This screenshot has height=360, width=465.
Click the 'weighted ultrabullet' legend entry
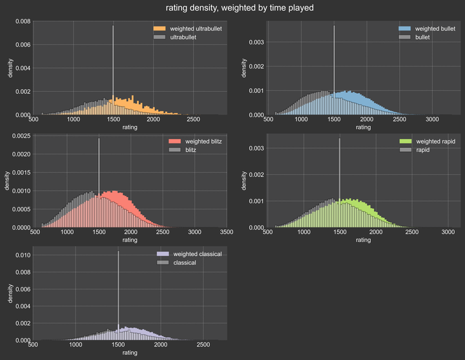click(194, 29)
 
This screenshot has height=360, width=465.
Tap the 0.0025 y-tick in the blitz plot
click(20, 136)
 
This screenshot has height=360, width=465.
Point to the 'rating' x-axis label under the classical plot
click(130, 353)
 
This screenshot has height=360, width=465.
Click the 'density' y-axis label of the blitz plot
click(7, 182)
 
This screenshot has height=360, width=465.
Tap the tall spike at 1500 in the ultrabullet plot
click(113, 65)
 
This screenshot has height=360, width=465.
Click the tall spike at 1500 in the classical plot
click(118, 291)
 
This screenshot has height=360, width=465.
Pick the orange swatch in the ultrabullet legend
click(160, 29)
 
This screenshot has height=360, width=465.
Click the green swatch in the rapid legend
click(405, 141)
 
